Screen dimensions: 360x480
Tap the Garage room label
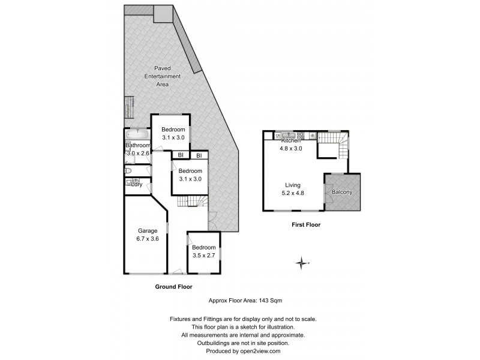(x=147, y=231)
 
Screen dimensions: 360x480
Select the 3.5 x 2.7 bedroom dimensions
(x=204, y=256)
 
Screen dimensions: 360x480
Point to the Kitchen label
(x=291, y=140)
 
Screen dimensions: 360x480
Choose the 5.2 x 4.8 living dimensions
(x=293, y=194)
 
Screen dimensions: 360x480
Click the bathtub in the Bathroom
(x=137, y=134)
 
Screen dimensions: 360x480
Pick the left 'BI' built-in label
(x=179, y=156)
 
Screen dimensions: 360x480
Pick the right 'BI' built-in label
(x=199, y=156)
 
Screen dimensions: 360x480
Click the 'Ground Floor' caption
(x=174, y=287)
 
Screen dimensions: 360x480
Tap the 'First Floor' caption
(x=305, y=226)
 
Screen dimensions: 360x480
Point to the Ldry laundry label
(x=136, y=184)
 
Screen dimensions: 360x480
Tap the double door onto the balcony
(x=325, y=192)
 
